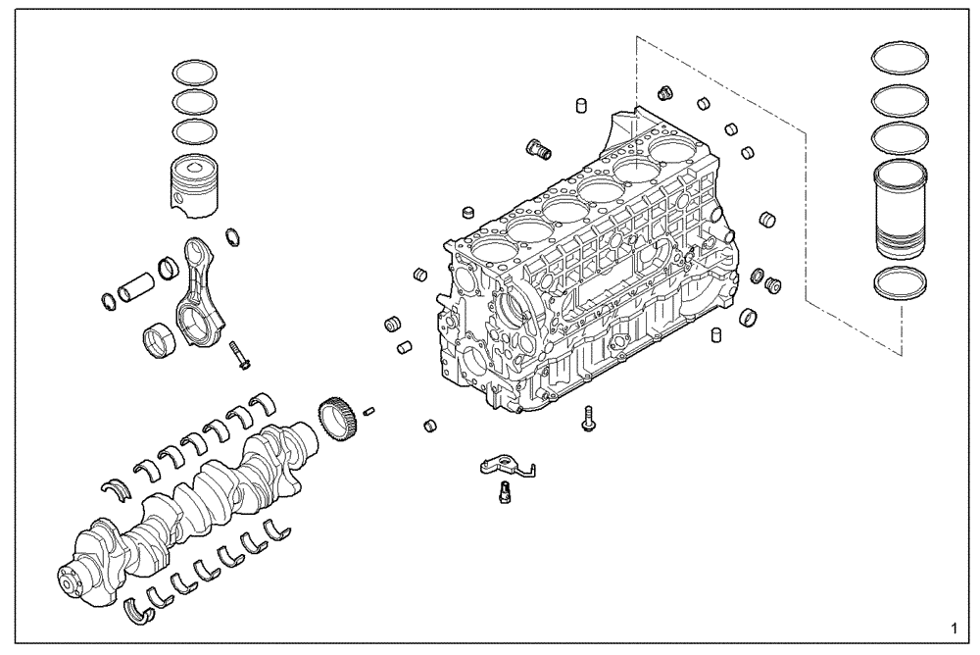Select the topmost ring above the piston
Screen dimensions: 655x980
194,72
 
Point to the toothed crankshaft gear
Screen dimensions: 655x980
335,415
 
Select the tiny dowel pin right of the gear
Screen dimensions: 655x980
370,411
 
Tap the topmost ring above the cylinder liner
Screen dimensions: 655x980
900,58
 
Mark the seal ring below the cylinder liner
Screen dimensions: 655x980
900,281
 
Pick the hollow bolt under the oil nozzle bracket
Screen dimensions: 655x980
505,492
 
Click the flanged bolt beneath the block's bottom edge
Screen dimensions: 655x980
587,417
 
